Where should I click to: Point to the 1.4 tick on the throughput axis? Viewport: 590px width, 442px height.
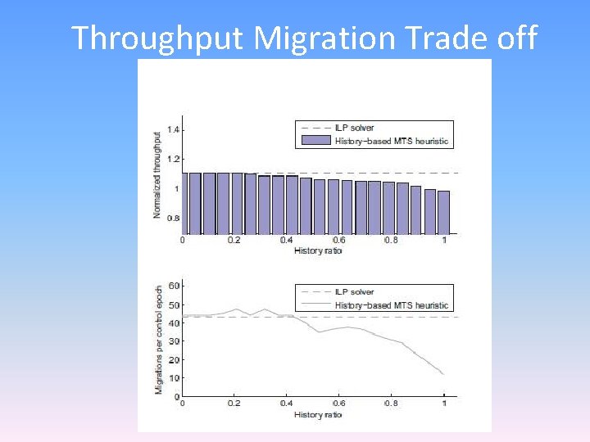click(x=173, y=129)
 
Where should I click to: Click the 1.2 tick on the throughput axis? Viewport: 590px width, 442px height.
click(x=173, y=159)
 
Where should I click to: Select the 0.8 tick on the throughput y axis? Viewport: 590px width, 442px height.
click(x=173, y=219)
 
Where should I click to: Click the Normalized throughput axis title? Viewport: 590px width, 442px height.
click(x=157, y=174)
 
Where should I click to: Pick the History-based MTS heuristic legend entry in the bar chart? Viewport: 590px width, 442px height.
click(x=392, y=141)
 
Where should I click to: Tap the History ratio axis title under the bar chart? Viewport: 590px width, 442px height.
click(x=317, y=250)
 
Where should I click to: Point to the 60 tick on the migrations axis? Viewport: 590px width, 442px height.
click(x=173, y=286)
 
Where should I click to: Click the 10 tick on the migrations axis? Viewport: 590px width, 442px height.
click(x=173, y=379)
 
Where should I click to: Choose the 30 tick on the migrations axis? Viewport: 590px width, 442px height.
click(x=173, y=341)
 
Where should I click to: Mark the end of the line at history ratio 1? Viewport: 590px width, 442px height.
click(x=443, y=374)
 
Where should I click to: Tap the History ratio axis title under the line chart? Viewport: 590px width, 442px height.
click(x=317, y=415)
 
